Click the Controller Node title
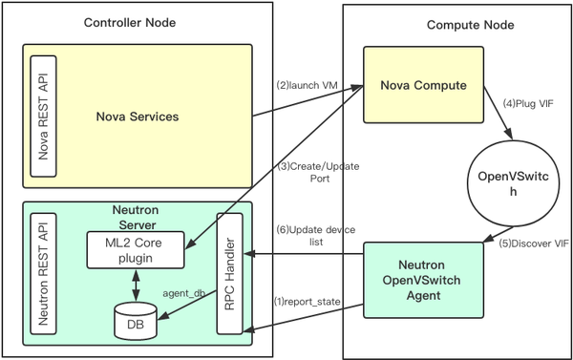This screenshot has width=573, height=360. [x=129, y=21]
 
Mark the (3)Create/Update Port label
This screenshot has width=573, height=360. [x=308, y=173]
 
